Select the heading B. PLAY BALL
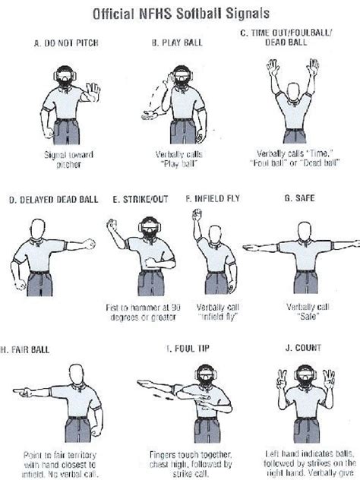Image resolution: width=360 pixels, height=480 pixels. (x=179, y=43)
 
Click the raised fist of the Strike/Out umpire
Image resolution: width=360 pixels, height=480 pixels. (x=114, y=226)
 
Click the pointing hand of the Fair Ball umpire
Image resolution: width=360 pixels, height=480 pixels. (x=21, y=391)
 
